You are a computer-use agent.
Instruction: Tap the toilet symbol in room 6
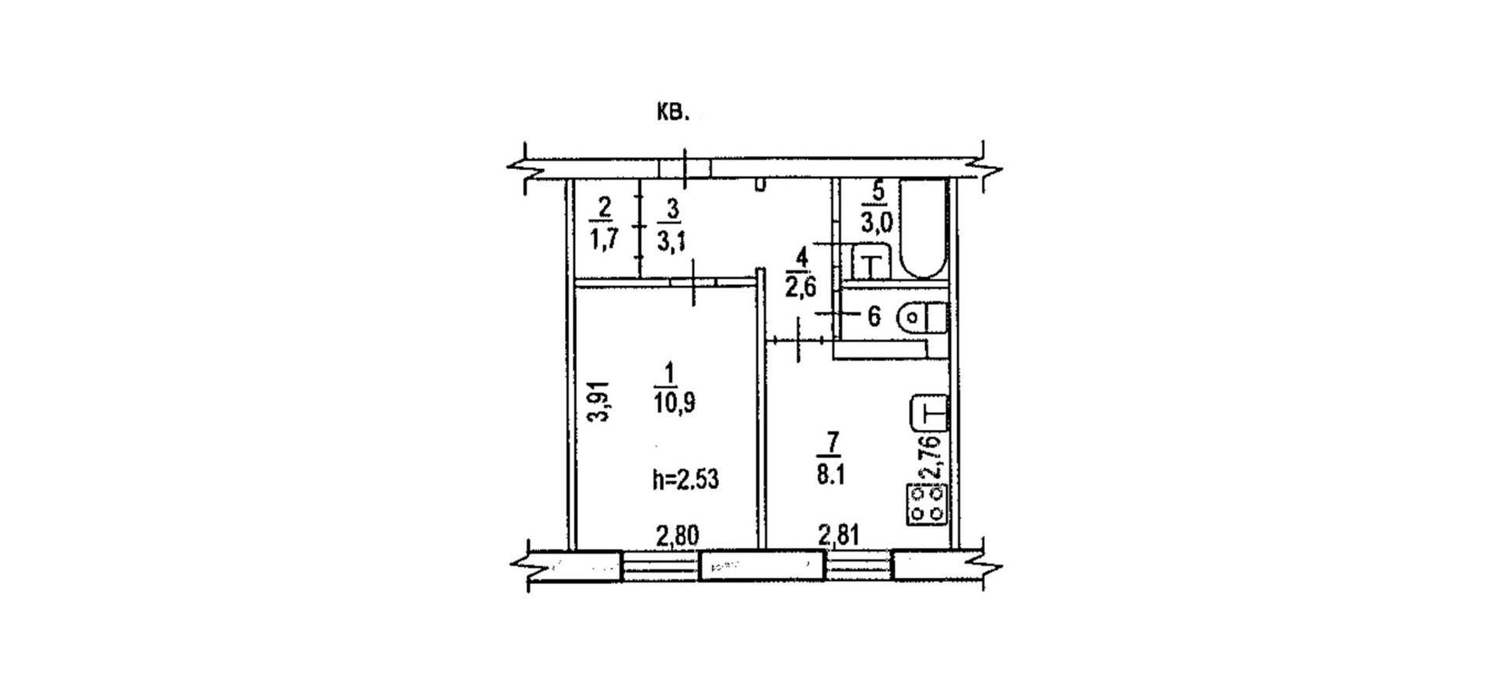pyautogui.click(x=922, y=318)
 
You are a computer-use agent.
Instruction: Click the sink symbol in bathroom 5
pyautogui.click(x=871, y=262)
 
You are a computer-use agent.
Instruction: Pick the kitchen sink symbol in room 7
pyautogui.click(x=929, y=412)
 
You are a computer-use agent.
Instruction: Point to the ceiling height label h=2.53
pyautogui.click(x=686, y=479)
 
